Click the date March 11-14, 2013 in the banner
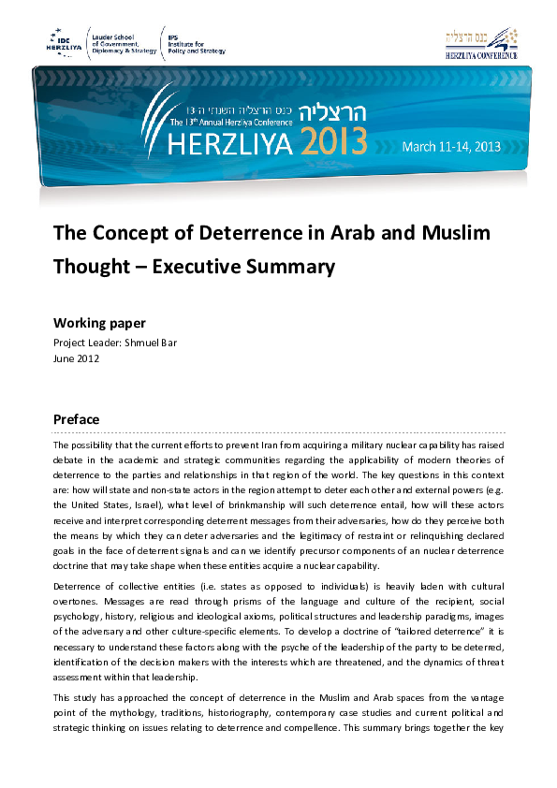(x=451, y=146)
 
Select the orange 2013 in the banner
(x=334, y=143)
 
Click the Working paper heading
(x=99, y=323)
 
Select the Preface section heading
(x=77, y=418)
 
